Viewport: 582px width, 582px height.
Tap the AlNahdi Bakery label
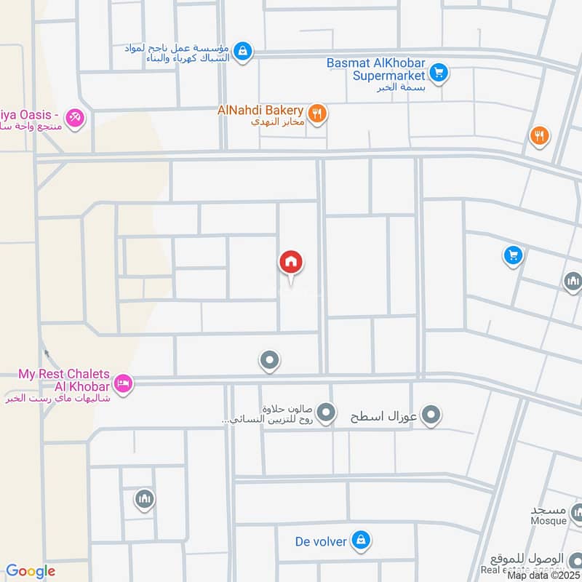(260, 110)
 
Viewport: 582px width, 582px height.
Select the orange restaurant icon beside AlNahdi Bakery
(316, 113)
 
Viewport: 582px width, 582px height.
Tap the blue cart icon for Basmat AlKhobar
(438, 72)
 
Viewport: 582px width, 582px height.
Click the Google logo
(31, 572)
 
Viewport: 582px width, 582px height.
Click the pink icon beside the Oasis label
(74, 116)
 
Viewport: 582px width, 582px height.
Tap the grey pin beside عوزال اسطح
(432, 416)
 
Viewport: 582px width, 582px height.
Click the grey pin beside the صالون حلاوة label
(327, 412)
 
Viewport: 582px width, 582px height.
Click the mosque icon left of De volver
(144, 499)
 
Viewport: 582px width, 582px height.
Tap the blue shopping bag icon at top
(244, 51)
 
